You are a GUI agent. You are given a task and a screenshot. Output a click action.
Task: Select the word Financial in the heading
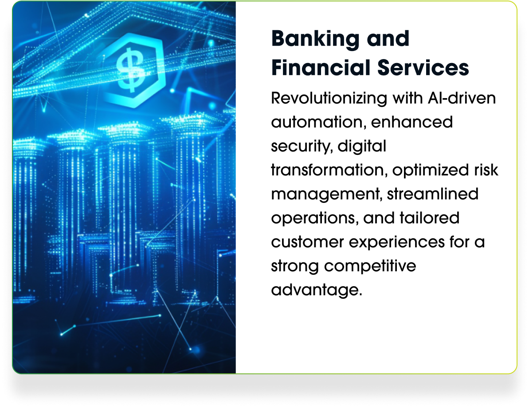(x=321, y=67)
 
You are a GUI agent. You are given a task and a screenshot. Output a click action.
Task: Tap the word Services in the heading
(x=423, y=67)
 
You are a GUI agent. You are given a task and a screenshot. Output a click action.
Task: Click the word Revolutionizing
(x=329, y=99)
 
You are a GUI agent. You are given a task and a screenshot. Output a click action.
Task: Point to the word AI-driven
(x=462, y=98)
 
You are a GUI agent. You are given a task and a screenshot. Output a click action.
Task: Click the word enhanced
(x=411, y=122)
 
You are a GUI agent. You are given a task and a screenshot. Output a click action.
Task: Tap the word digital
(x=362, y=146)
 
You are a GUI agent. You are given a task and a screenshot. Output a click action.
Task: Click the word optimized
(x=431, y=170)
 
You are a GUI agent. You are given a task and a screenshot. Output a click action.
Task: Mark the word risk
(x=486, y=170)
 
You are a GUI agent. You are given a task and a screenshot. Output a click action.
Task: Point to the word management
(x=326, y=194)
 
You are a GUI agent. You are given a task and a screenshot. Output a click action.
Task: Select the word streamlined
(x=432, y=194)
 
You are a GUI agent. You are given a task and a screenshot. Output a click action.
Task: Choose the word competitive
(x=370, y=266)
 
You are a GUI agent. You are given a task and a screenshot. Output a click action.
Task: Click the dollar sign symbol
(x=130, y=70)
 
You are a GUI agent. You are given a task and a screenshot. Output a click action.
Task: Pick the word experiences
(x=396, y=242)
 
